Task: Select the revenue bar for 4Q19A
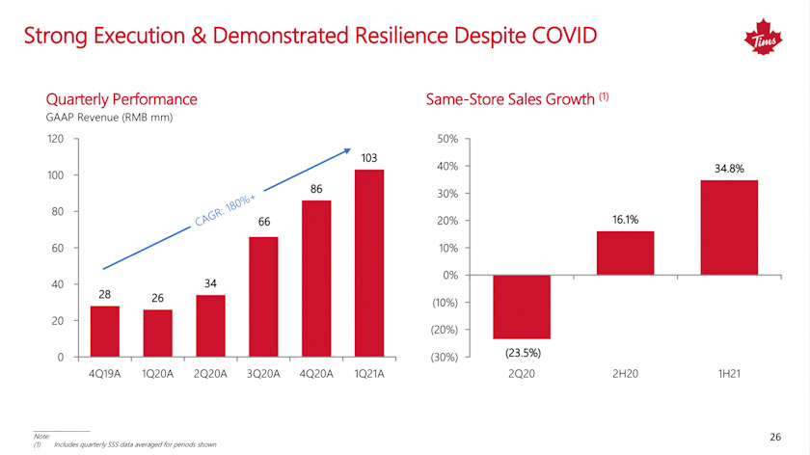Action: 104,331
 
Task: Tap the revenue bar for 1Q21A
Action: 369,263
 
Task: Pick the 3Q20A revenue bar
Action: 263,297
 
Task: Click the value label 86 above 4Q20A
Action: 316,189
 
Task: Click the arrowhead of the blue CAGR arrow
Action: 347,150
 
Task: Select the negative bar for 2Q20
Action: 521,308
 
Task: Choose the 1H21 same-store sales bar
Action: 729,227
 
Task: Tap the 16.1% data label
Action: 625,220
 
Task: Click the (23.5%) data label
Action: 522,352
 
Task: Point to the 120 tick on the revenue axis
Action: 56,139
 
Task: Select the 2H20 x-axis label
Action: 625,374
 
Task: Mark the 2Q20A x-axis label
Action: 210,374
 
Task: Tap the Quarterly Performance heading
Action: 121,99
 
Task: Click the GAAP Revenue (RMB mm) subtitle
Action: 103,118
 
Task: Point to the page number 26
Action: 775,437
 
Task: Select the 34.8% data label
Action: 729,169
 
